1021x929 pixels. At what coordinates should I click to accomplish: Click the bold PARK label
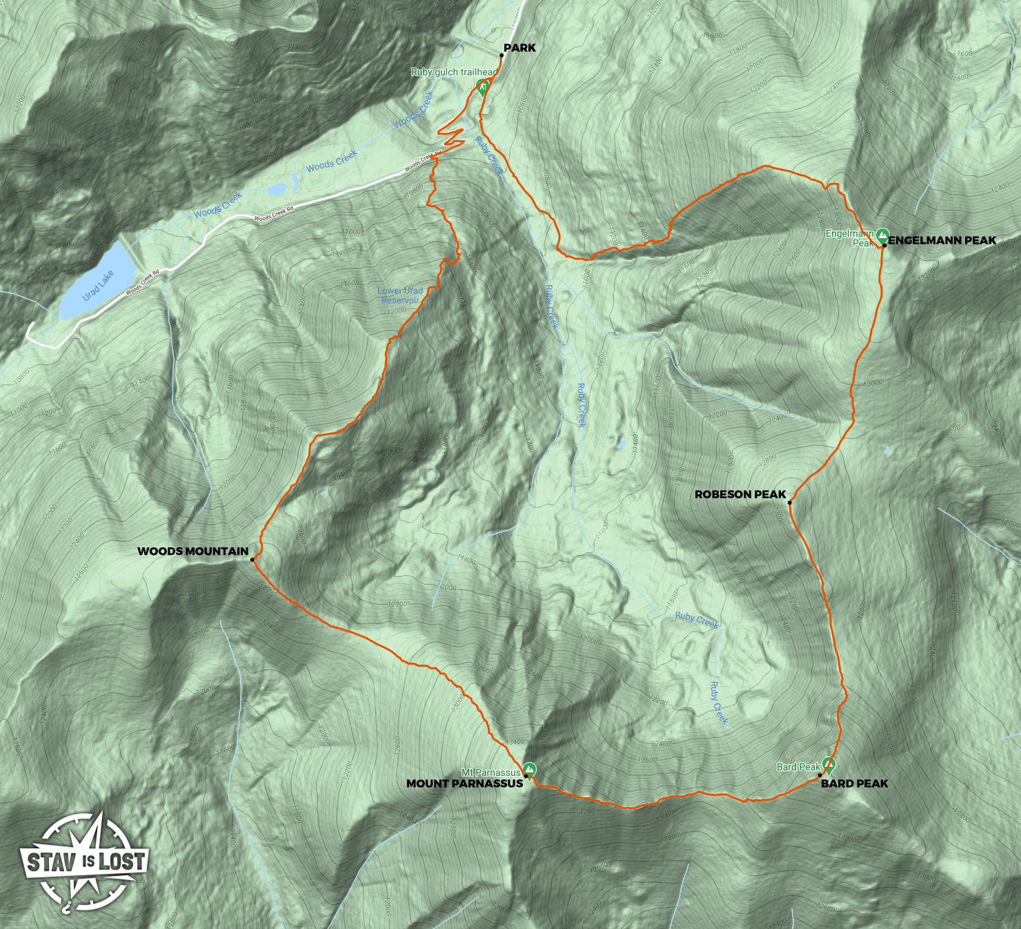point(519,48)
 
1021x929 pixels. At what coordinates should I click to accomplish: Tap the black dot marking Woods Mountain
point(252,560)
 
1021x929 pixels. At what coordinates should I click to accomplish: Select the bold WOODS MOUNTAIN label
point(192,551)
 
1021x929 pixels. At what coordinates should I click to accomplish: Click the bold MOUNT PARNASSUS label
point(464,783)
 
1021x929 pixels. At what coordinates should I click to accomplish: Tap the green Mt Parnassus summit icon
point(529,768)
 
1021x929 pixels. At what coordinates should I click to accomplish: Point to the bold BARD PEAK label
point(854,783)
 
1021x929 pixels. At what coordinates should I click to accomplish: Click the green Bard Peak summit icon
point(829,764)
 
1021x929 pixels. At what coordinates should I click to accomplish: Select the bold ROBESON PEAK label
point(740,494)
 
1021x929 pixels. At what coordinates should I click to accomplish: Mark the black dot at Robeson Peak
point(790,502)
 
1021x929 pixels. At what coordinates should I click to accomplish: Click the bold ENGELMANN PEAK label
point(942,240)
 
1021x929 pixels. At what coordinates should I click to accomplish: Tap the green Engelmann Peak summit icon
point(882,235)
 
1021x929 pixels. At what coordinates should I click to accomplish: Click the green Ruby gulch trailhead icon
point(484,86)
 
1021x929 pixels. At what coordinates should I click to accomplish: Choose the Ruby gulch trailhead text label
point(454,72)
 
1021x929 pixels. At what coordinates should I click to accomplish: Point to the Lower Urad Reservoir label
point(400,295)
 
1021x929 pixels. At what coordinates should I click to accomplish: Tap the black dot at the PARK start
point(500,55)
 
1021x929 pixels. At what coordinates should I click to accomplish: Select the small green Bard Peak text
point(798,767)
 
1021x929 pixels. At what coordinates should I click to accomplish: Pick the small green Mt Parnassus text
point(490,772)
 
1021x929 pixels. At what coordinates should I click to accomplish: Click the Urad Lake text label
point(99,285)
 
